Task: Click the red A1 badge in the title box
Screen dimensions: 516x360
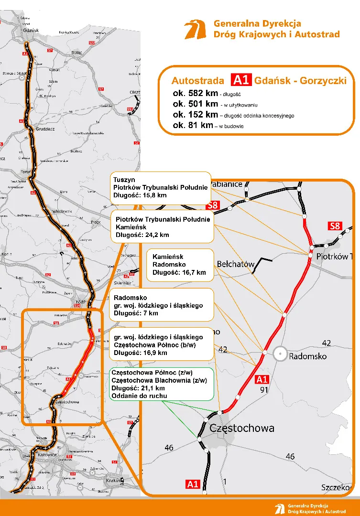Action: pyautogui.click(x=241, y=80)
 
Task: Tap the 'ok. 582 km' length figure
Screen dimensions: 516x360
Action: pyautogui.click(x=195, y=93)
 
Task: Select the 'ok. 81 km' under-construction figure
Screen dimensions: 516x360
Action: pyautogui.click(x=193, y=125)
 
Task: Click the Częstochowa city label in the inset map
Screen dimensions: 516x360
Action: pyautogui.click(x=242, y=428)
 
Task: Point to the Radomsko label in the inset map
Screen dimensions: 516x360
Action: pyautogui.click(x=308, y=356)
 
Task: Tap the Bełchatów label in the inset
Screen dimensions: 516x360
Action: pyautogui.click(x=235, y=263)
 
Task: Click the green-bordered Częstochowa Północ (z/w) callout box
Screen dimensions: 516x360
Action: pyautogui.click(x=162, y=383)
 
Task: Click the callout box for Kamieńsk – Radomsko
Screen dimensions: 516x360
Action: pyautogui.click(x=179, y=264)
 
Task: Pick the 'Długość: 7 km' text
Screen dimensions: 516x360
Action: pyautogui.click(x=136, y=313)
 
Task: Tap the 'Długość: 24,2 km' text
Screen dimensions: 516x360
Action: pyautogui.click(x=142, y=235)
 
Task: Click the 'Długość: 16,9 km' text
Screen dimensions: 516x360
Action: pyautogui.click(x=141, y=353)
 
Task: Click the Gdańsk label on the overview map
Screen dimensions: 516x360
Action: pyautogui.click(x=30, y=30)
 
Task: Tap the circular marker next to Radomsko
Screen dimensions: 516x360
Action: pyautogui.click(x=281, y=354)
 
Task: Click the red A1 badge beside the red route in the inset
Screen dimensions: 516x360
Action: pyautogui.click(x=262, y=380)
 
